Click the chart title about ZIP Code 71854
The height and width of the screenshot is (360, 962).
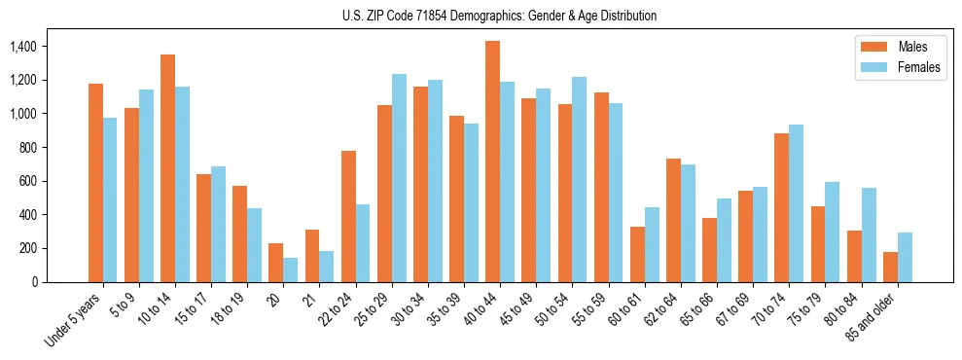pyautogui.click(x=500, y=16)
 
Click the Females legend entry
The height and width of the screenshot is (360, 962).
pyautogui.click(x=891, y=68)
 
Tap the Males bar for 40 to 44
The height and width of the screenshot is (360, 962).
pyautogui.click(x=492, y=162)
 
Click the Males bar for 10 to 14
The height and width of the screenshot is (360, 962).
pyautogui.click(x=167, y=168)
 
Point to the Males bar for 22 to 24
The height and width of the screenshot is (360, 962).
pyautogui.click(x=348, y=216)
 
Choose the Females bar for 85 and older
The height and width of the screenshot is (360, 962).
pyautogui.click(x=906, y=257)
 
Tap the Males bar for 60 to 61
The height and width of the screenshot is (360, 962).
pyautogui.click(x=637, y=254)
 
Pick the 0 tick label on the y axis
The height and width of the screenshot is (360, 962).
pyautogui.click(x=35, y=282)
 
